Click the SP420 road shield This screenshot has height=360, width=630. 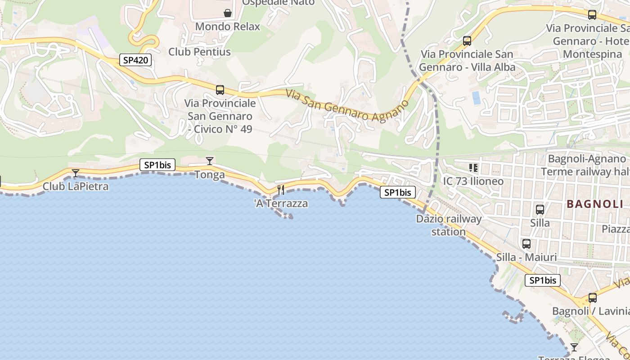[x=135, y=60]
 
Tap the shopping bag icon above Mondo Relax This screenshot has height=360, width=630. [x=228, y=13]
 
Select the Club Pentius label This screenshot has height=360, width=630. [x=199, y=52]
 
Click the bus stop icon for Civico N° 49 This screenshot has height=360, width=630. [x=220, y=90]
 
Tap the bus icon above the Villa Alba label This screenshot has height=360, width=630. [x=467, y=41]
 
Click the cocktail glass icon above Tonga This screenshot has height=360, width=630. [x=209, y=161]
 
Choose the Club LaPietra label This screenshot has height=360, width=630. [x=76, y=186]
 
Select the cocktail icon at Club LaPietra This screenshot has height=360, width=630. [x=76, y=173]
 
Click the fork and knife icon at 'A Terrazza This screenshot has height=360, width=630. [x=281, y=190]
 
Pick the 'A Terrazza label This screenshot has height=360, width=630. [x=281, y=203]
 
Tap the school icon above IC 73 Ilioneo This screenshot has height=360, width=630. [x=473, y=168]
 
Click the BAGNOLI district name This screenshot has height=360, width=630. [x=595, y=204]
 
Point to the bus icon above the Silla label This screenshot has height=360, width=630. [x=540, y=209]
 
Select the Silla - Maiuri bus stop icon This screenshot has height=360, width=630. [x=526, y=244]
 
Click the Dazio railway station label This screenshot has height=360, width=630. [x=449, y=225]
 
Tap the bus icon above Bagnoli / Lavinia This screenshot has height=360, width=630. [x=593, y=298]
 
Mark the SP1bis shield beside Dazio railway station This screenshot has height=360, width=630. [x=398, y=193]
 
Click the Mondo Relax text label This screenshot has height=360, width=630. [x=227, y=27]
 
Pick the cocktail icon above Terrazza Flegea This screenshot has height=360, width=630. [x=574, y=347]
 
